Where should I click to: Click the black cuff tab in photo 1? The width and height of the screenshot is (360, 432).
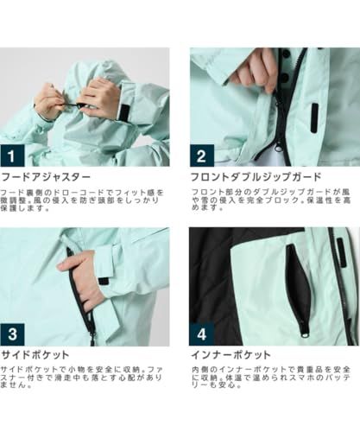pos(126,113)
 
